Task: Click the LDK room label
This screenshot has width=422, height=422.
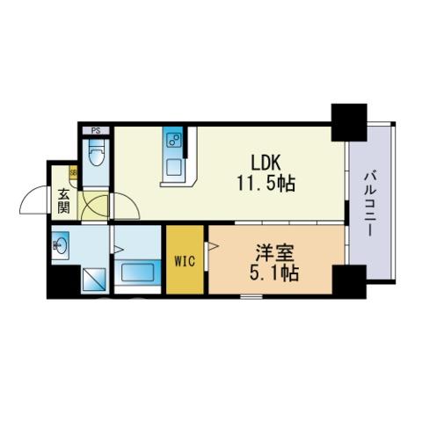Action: click(266, 163)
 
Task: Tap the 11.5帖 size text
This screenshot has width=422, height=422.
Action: click(266, 184)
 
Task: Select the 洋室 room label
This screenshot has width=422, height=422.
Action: click(274, 253)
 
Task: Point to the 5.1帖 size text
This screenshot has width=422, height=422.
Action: click(274, 273)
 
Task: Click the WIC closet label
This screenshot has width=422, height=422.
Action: click(185, 261)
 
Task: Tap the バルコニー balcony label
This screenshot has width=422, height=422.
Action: click(370, 204)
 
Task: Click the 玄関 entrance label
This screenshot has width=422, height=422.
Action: click(63, 201)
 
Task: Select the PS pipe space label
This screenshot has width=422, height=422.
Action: click(96, 131)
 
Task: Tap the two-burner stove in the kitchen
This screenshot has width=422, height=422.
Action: click(173, 140)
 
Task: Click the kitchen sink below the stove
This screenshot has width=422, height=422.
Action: click(173, 168)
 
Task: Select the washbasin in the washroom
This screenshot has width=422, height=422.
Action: click(61, 243)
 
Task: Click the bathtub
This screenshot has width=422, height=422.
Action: click(137, 272)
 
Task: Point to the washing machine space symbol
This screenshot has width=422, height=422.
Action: click(93, 280)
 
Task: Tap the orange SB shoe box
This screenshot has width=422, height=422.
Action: click(73, 172)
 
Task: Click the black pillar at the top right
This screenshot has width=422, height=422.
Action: click(349, 122)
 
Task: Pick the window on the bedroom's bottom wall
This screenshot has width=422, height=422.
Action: click(251, 296)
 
